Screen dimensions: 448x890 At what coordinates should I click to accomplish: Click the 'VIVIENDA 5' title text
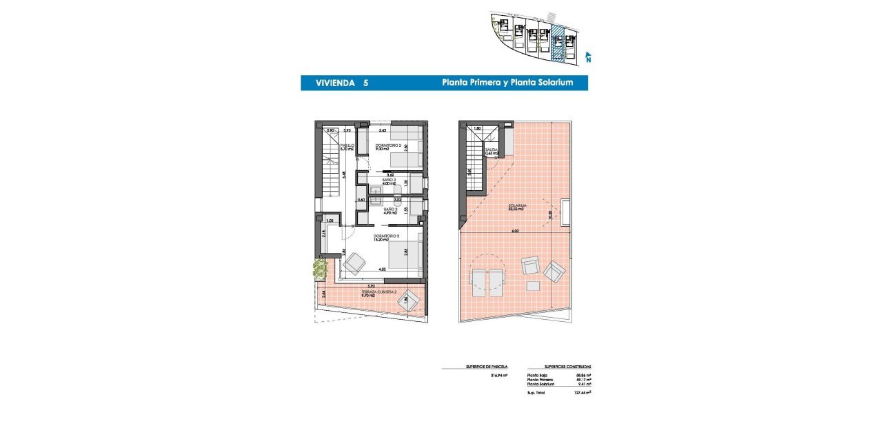tap(341, 83)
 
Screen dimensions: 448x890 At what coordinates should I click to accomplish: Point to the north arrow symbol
tap(587, 57)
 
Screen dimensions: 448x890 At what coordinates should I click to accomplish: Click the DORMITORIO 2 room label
tap(387, 147)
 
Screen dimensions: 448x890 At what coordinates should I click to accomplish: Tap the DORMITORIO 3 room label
tap(386, 238)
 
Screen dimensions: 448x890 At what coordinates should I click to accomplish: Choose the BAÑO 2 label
tap(390, 182)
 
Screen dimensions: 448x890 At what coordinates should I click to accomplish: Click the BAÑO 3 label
tap(390, 210)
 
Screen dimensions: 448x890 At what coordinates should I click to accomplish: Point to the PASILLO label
tap(347, 147)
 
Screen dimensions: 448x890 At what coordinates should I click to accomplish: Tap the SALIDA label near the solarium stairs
tap(491, 151)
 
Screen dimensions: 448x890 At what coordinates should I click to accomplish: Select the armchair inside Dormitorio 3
tap(356, 263)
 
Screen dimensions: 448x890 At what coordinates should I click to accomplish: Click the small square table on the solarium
tap(533, 285)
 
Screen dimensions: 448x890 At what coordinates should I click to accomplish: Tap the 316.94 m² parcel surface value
tap(498, 376)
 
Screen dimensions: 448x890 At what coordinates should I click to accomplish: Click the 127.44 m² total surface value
tap(583, 391)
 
